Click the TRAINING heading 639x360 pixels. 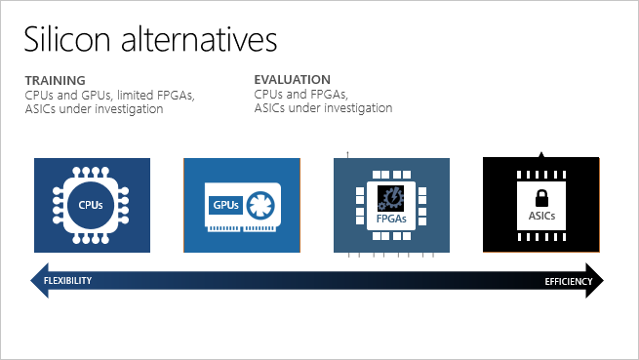[x=55, y=79]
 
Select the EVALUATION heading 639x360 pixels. [x=292, y=79]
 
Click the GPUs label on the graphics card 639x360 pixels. [x=224, y=205]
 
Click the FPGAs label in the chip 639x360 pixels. [x=391, y=220]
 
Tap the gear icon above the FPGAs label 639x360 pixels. [x=391, y=196]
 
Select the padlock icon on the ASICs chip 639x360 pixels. [x=539, y=194]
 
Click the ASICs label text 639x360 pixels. [x=539, y=216]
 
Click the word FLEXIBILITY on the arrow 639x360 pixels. [x=67, y=281]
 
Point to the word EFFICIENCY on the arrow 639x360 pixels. [x=568, y=282]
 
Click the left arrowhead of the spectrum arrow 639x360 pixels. [x=39, y=281]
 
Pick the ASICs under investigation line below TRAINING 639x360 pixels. [x=94, y=109]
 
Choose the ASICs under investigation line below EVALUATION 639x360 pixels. [x=323, y=109]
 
